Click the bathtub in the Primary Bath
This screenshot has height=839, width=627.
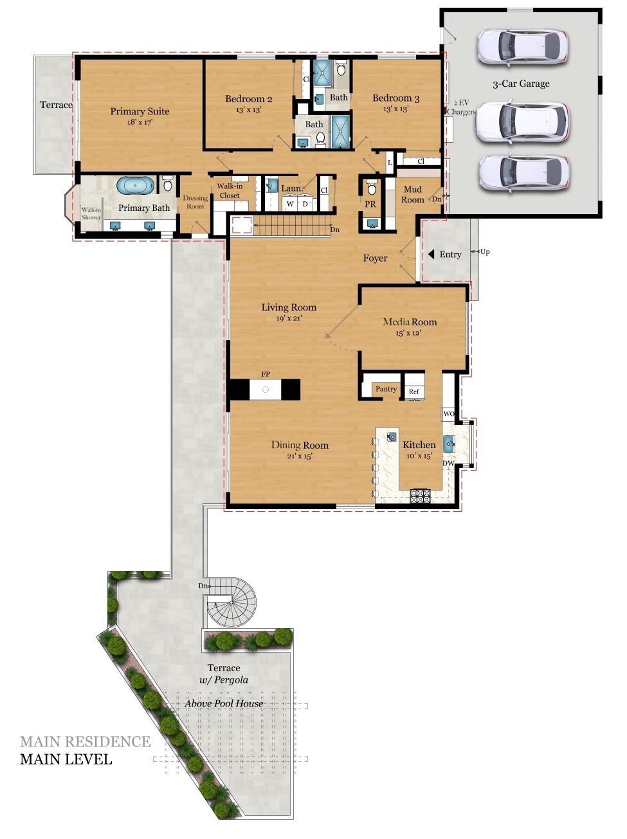(x=135, y=185)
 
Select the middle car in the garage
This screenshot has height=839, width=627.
(x=522, y=121)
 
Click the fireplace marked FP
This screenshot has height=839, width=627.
(x=265, y=389)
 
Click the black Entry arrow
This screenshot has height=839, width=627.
(x=432, y=255)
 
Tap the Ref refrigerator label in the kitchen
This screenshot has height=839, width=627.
(x=413, y=392)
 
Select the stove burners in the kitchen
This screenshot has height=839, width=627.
(x=421, y=495)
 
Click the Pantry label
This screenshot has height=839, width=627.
(x=386, y=389)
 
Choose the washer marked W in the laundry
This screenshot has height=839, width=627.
(x=290, y=204)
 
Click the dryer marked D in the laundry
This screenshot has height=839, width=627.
(x=306, y=204)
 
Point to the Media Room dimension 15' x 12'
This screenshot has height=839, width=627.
(x=409, y=333)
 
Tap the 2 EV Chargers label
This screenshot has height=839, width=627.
(x=464, y=107)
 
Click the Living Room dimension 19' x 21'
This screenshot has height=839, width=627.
(x=289, y=318)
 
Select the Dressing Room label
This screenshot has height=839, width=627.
(x=195, y=202)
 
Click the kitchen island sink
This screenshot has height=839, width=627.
(x=391, y=437)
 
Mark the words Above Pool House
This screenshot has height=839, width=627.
(x=224, y=703)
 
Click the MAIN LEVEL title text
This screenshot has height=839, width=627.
(x=66, y=759)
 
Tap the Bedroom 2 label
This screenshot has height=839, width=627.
(x=248, y=99)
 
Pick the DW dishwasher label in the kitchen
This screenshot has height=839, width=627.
(x=448, y=464)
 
